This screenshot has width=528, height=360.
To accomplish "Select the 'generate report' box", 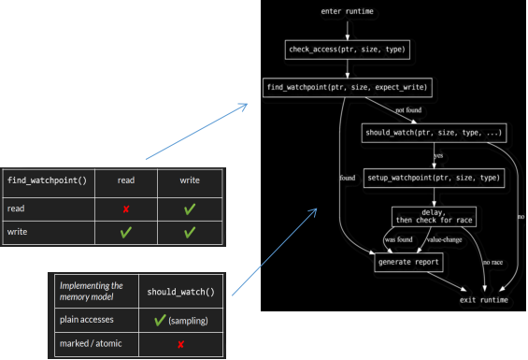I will [x=407, y=262].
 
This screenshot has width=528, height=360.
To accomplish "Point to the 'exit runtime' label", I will [x=484, y=300].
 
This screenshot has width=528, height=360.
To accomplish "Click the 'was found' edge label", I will [x=398, y=239].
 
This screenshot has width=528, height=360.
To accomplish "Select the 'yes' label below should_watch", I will [x=438, y=155].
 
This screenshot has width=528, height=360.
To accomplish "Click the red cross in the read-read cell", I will [x=125, y=208].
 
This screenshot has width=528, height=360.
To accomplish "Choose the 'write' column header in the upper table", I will [x=190, y=180].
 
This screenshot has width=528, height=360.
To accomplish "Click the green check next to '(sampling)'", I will [x=160, y=321].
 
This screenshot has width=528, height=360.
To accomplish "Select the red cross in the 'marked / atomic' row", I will [x=180, y=345].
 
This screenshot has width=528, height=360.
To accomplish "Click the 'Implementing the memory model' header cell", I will [x=92, y=291].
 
